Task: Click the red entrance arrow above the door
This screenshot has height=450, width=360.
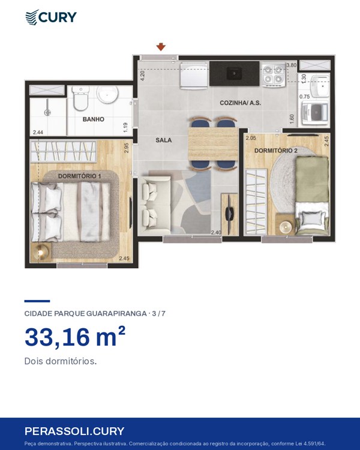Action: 161,47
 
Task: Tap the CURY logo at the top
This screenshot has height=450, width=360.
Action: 51,17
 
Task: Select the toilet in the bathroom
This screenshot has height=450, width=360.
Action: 80,98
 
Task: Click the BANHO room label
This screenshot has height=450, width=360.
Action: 94,119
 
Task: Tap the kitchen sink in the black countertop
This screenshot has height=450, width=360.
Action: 234,73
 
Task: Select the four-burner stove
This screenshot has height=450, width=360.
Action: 274,74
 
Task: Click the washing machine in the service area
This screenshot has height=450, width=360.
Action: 314,113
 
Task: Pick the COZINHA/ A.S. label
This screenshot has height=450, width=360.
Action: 240,103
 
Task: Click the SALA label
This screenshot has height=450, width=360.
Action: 164,140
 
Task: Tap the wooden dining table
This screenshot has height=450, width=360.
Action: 214,143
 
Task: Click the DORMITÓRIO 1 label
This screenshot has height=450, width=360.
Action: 80,176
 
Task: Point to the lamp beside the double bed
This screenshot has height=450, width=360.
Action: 41,252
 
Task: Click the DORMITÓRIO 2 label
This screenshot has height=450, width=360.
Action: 276,151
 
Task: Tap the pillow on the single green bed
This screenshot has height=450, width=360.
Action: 311,218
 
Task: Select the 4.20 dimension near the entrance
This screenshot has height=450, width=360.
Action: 142,76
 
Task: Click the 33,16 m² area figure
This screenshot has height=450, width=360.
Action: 75,337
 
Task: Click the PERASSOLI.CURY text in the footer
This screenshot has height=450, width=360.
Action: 74,431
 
